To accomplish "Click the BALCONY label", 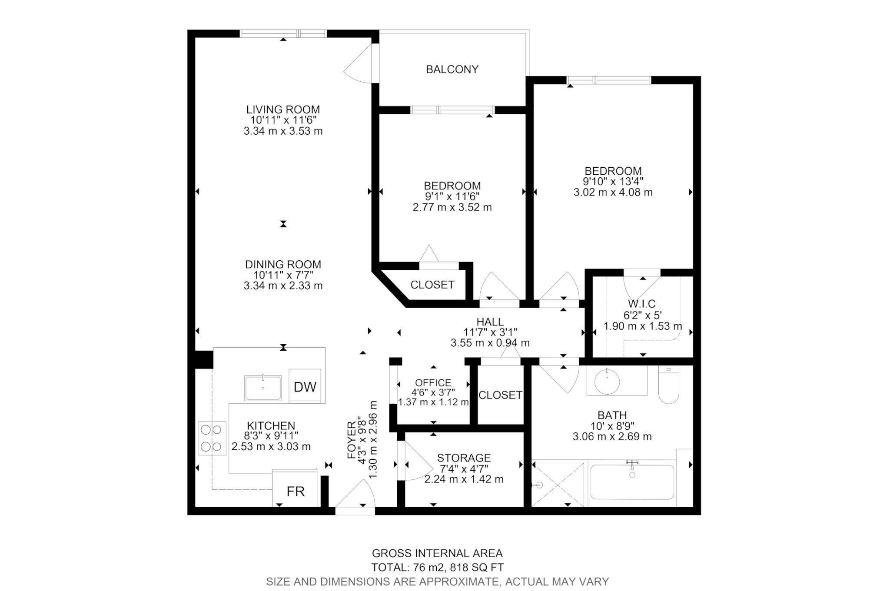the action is pos(452,69).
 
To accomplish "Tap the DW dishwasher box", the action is pos(305,386).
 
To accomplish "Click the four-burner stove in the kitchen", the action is pos(212,438).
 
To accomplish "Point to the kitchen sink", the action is pos(263,388).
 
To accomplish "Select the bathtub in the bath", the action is pos(632,482).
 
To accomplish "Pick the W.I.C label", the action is pos(641,304).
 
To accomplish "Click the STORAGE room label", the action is pos(464,458).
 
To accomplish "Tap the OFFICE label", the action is pos(433,382).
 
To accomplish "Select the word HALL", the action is pos(490,322).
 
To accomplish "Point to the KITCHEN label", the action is pos(271,425).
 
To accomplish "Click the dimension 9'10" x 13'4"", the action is pos(613,181).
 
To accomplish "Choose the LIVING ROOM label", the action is pos(283,110).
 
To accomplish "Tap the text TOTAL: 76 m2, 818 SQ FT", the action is pos(437,567).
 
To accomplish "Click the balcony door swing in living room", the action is pos(357,63).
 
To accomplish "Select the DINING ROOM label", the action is pos(283,264).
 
